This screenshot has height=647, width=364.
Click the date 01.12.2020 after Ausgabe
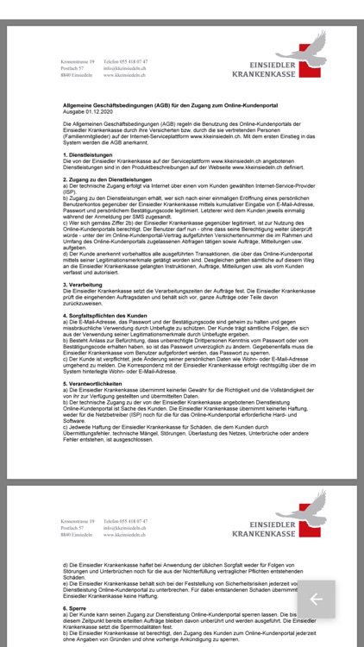click(92, 111)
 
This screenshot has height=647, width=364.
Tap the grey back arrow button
click(316, 600)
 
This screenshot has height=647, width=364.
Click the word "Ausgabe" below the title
click(70, 111)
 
